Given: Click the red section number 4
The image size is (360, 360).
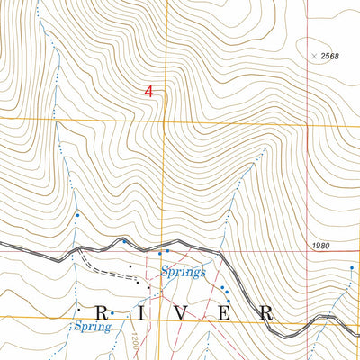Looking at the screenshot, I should click(x=148, y=92).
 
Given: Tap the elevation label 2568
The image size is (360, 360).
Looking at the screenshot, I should click(x=331, y=56).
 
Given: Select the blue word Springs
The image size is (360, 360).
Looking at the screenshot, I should click(x=184, y=271).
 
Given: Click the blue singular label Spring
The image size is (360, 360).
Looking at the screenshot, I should click(x=92, y=328).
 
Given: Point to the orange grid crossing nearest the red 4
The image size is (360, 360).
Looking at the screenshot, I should click(x=164, y=121).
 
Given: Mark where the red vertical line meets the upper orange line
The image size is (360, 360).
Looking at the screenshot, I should click(x=308, y=121).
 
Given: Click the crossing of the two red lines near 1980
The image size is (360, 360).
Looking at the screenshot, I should click(x=308, y=255).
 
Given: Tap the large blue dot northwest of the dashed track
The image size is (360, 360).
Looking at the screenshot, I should click(x=77, y=215).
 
